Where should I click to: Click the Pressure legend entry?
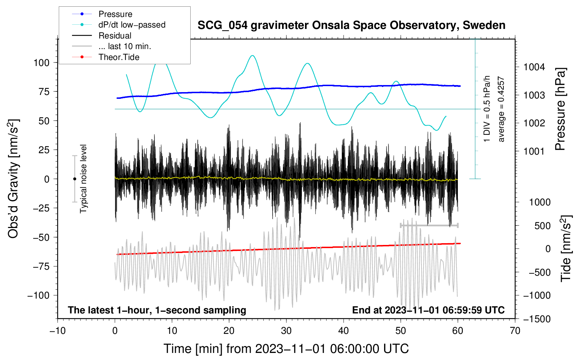102,14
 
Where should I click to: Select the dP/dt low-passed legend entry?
119,25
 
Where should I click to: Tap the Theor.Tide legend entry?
106,57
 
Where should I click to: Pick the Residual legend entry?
102,36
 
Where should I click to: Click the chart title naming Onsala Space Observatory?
351,25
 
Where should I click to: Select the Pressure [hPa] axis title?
560,109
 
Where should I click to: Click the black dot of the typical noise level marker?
74,179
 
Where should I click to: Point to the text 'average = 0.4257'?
501,109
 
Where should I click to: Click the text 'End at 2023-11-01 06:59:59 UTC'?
428,310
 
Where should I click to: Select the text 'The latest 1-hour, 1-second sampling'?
157,310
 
